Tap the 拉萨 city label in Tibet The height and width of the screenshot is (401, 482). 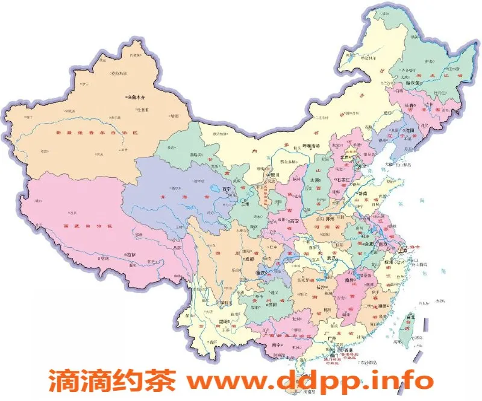click(x=131, y=254)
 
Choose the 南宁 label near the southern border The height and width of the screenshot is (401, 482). click(x=277, y=345)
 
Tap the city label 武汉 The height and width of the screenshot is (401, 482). click(x=331, y=258)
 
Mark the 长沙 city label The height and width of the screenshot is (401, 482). click(x=322, y=288)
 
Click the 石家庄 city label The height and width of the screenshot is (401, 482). click(x=343, y=179)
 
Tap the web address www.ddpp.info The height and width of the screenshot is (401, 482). click(x=310, y=381)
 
